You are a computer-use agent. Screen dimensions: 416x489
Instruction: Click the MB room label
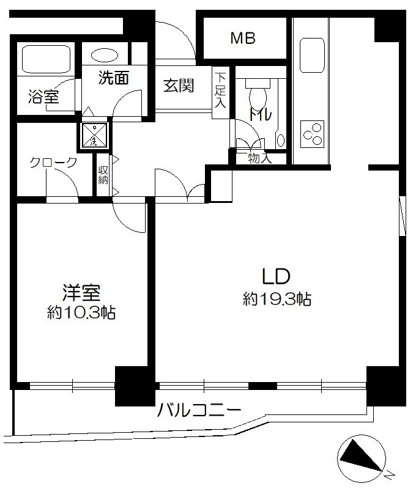click(x=243, y=38)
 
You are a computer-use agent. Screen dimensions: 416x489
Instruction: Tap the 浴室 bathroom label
click(x=43, y=97)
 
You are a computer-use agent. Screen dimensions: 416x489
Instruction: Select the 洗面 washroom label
click(x=114, y=78)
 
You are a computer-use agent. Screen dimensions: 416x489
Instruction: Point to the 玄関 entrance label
click(x=179, y=85)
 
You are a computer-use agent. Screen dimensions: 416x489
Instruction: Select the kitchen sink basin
click(x=312, y=55)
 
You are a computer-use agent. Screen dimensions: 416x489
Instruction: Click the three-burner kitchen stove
click(x=313, y=134)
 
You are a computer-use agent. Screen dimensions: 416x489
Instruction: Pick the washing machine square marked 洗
click(x=94, y=135)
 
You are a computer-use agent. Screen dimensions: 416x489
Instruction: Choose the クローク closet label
click(x=53, y=162)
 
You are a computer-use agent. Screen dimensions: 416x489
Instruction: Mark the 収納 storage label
click(x=103, y=175)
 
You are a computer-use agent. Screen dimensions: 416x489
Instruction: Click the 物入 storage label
click(x=259, y=158)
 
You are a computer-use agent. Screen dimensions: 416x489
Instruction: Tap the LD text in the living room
click(x=277, y=276)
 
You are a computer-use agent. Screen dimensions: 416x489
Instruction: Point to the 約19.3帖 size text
click(x=277, y=300)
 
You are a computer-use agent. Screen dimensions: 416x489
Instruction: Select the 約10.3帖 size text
click(x=81, y=312)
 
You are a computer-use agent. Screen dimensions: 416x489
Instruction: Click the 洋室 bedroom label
click(x=81, y=293)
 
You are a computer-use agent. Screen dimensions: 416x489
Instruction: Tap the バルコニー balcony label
click(x=199, y=410)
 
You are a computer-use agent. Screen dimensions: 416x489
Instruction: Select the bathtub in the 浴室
click(x=45, y=59)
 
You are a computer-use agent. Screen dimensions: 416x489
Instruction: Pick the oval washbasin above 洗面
click(x=105, y=56)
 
